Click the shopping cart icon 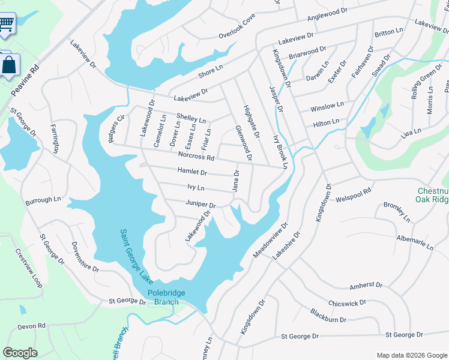tap(6, 25)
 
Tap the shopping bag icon tap(9, 65)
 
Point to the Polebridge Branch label tap(163, 298)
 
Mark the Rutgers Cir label tap(117, 126)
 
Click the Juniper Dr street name tap(200, 204)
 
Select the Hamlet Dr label tap(192, 172)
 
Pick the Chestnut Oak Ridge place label tap(432, 196)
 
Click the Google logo tap(20, 353)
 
